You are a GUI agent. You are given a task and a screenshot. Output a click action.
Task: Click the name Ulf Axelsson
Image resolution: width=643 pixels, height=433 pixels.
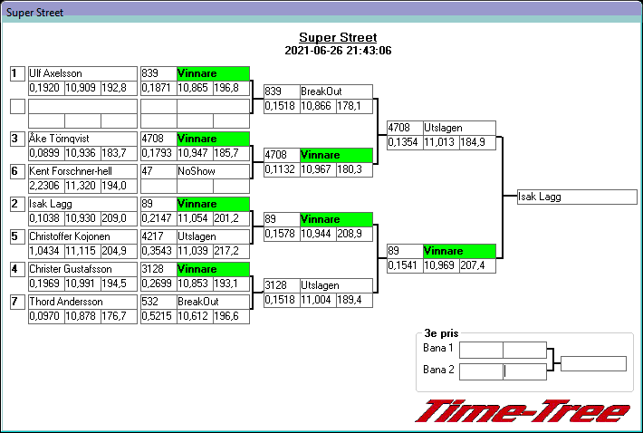[x=57, y=73]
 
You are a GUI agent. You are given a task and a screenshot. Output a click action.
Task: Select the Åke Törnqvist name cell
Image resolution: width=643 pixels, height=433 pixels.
[x=61, y=139]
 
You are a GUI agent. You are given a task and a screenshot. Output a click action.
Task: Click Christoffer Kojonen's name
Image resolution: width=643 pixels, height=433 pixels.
[x=69, y=236]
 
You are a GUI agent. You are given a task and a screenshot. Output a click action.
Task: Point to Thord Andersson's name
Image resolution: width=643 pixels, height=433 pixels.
[x=66, y=302]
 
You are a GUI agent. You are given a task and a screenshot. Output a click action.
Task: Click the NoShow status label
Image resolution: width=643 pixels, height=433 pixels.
[x=197, y=170]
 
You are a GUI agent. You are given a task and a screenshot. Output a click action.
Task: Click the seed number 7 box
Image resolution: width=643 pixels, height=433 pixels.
[x=16, y=302]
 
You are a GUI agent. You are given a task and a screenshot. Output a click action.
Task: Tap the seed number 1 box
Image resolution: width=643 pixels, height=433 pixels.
[x=16, y=73]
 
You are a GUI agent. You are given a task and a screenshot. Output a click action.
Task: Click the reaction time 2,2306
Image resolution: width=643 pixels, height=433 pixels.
[x=45, y=186]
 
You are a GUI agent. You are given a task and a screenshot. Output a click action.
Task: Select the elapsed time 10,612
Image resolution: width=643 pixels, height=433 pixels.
[x=194, y=316]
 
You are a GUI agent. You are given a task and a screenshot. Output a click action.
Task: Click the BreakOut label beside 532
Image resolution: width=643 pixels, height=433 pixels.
[x=197, y=302]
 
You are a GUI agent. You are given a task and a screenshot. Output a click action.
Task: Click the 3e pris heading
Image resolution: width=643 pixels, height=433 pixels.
[x=441, y=333]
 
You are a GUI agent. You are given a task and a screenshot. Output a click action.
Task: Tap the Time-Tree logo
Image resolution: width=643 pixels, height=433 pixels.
[x=523, y=410]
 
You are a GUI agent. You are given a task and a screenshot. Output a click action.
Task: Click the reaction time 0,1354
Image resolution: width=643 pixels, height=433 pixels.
[x=403, y=142]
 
